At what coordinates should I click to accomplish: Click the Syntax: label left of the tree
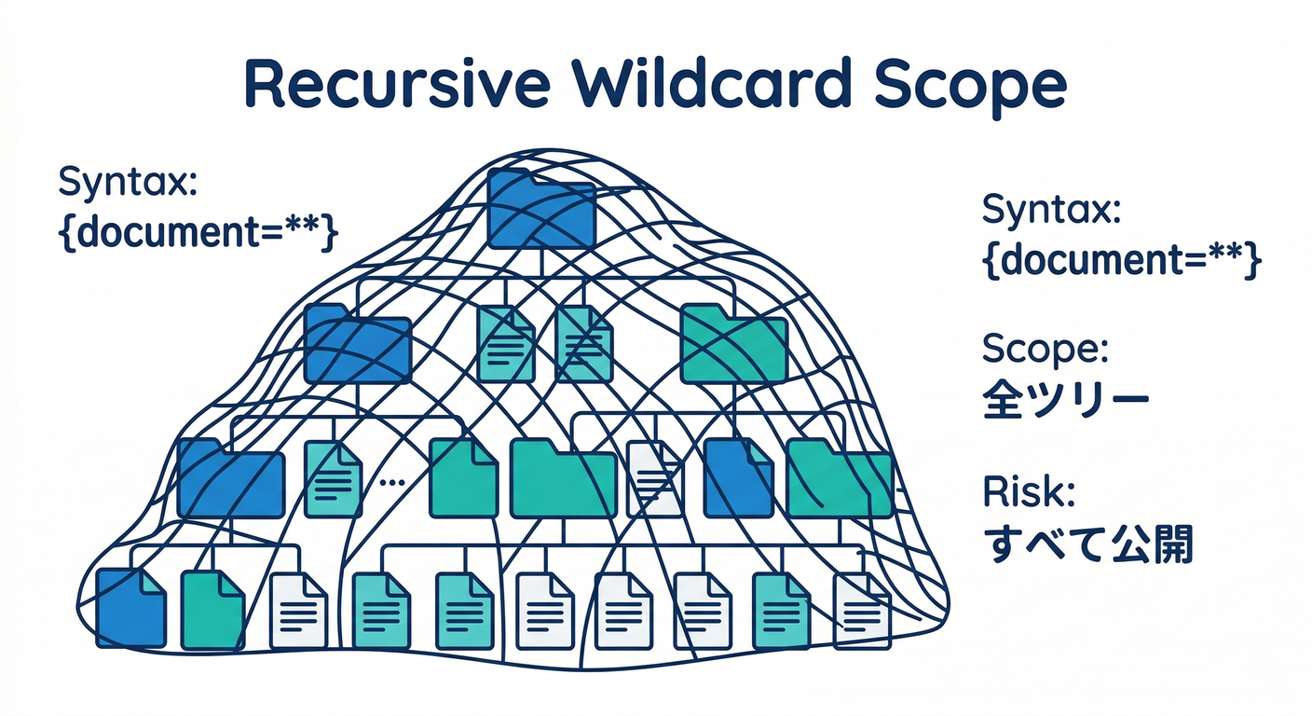[128, 182]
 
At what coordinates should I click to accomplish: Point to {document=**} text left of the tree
[196, 232]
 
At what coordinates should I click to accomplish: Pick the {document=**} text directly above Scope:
[1122, 262]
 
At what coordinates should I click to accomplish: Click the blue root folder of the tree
[541, 209]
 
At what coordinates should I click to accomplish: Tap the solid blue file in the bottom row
[130, 609]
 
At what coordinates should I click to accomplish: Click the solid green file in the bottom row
[212, 610]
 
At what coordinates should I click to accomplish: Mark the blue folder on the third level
[230, 477]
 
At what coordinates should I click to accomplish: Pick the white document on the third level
[654, 478]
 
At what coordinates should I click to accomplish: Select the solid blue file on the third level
[738, 477]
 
